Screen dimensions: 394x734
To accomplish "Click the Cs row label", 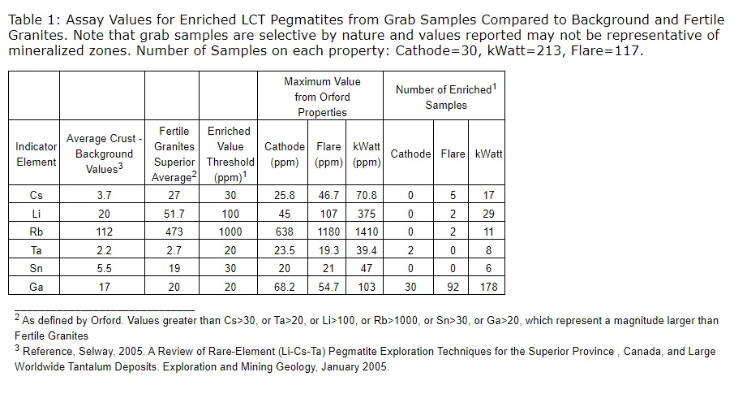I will tap(36, 195).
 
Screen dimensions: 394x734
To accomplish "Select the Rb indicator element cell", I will tap(36, 232).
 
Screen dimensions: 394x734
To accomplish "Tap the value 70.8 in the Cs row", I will tap(367, 195).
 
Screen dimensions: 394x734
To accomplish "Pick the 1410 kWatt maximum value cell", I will tap(367, 232).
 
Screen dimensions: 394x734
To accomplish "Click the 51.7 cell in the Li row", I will tap(174, 214).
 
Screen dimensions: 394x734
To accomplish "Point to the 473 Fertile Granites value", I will tap(174, 232).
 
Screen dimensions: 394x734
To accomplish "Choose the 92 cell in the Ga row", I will tap(453, 286).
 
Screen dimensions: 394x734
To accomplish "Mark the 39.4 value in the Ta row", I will tap(367, 250).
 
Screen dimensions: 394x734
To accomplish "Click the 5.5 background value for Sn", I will tap(104, 268).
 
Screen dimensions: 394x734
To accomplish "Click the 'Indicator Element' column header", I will tap(36, 154).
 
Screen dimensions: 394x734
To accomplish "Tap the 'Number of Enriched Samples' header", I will tap(444, 97).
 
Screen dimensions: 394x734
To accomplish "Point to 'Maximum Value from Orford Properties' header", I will tap(322, 97).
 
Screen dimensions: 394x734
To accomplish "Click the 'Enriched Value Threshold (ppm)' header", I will tap(230, 154).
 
